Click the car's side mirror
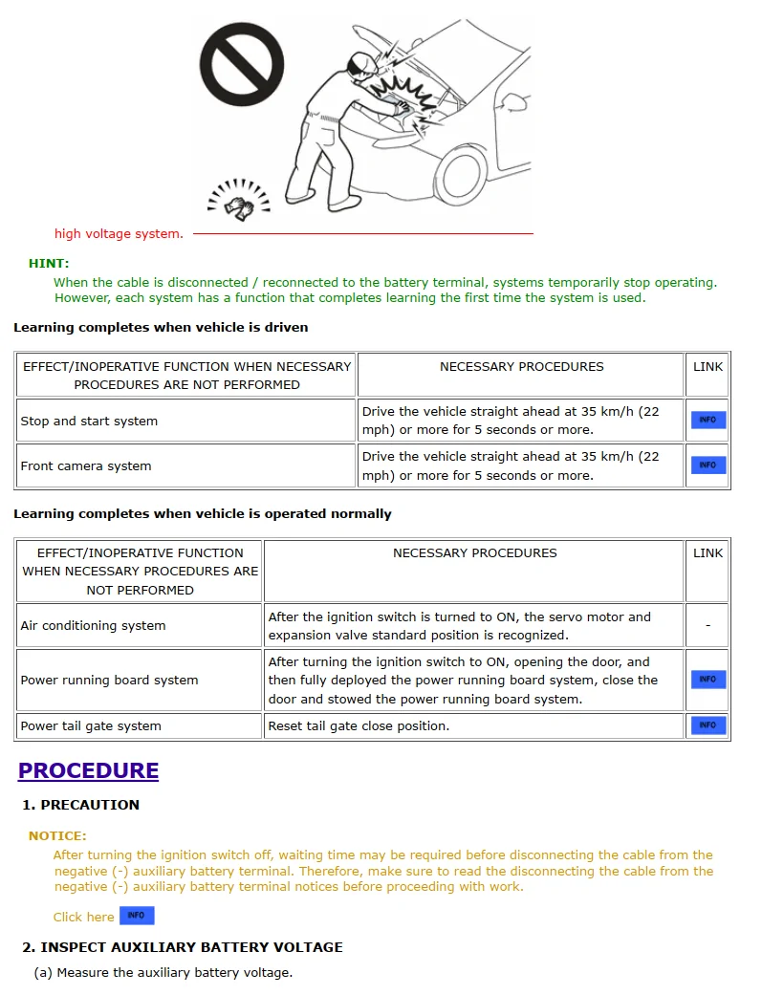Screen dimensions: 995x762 click(x=515, y=100)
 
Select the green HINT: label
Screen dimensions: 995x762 click(x=49, y=263)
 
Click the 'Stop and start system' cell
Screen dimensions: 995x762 click(x=89, y=421)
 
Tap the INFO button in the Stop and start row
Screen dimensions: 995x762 click(x=708, y=420)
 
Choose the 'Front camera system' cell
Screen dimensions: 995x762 click(x=86, y=465)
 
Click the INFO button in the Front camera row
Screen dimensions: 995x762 click(x=708, y=465)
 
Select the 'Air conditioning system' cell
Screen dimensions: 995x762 click(x=93, y=625)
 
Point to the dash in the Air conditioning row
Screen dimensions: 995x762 click(x=708, y=625)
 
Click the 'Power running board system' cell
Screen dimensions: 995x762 click(x=109, y=680)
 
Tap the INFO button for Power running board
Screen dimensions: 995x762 click(x=708, y=680)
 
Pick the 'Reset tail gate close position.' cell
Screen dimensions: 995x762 click(x=359, y=725)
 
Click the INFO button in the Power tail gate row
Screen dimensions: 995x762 click(x=708, y=725)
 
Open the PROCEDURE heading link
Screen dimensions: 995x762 click(x=88, y=770)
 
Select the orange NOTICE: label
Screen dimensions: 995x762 click(x=57, y=835)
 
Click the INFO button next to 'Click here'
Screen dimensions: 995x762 click(x=136, y=916)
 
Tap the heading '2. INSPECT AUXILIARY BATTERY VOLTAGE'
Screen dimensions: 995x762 click(x=183, y=947)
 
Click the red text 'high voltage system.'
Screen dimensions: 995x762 click(x=119, y=233)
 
